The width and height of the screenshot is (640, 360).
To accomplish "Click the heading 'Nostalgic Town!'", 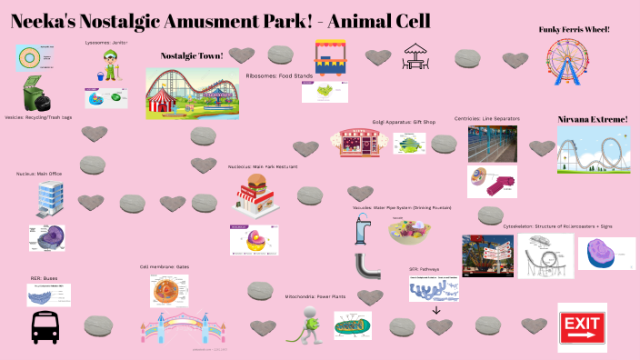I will tap(192, 55).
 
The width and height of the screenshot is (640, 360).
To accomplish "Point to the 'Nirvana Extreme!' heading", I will tap(592, 119).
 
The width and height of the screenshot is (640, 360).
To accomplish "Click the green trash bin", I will tap(37, 95).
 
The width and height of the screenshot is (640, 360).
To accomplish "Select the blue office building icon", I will tap(49, 200).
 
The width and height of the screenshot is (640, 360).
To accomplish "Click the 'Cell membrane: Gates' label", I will tap(164, 267).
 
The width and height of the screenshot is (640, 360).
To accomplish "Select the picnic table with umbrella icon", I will tap(415, 56).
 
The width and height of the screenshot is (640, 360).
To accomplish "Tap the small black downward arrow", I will tap(435, 310).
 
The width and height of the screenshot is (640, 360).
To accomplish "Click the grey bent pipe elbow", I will tap(367, 266).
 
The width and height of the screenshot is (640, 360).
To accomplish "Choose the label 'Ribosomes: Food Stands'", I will tap(279, 75).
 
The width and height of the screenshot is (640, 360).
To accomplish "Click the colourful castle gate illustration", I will tap(178, 329).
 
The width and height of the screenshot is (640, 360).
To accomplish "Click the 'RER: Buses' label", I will tap(43, 278).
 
